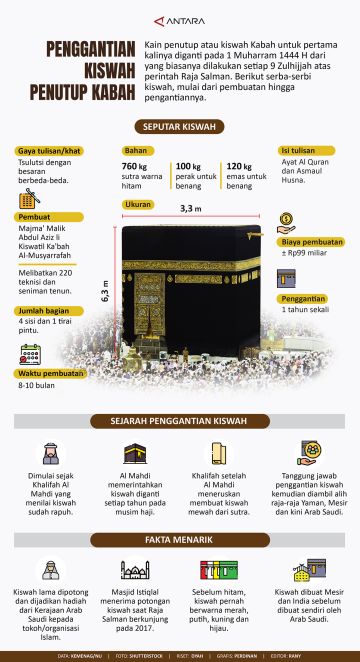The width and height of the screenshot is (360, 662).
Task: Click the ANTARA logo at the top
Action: tap(180, 18)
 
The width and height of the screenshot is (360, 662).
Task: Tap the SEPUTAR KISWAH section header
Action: tap(180, 127)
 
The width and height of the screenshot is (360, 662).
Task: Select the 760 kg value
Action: tap(135, 166)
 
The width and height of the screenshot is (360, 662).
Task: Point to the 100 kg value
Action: tap(188, 166)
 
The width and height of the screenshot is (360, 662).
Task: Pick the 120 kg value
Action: tap(239, 166)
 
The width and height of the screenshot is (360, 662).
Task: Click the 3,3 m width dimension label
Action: tap(190, 209)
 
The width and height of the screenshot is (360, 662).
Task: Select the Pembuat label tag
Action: tap(37, 217)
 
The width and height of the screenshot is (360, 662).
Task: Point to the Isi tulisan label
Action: tap(298, 150)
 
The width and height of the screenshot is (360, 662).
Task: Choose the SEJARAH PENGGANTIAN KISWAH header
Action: tap(180, 422)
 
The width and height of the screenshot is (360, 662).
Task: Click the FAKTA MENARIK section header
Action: tap(180, 540)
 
